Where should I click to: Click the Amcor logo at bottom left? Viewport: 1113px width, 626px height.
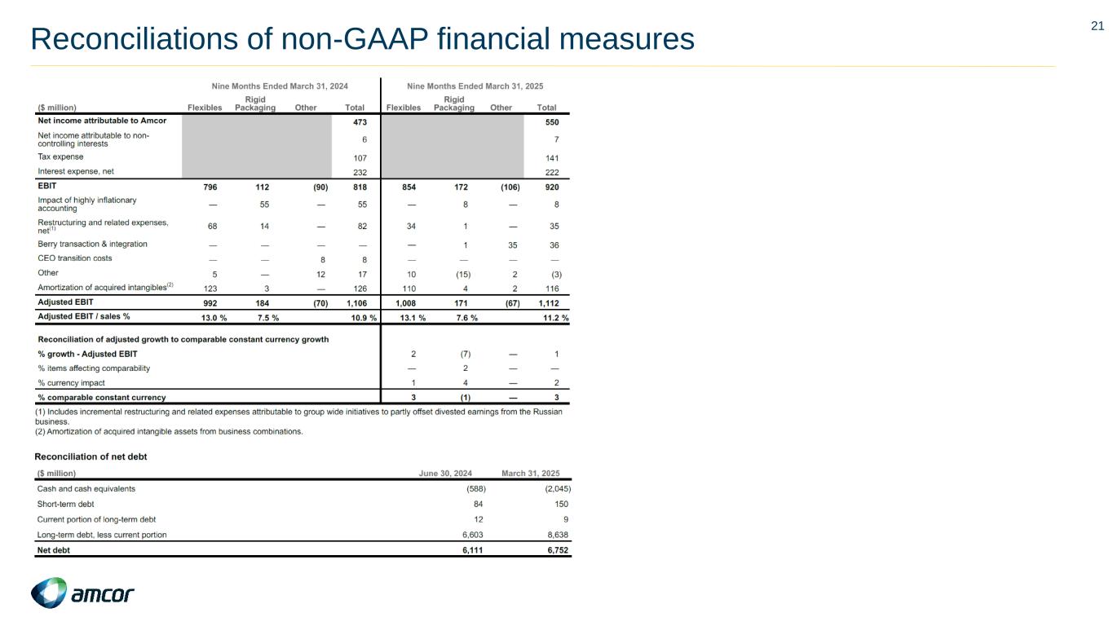(x=82, y=593)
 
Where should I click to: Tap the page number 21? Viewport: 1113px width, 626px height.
(x=1098, y=26)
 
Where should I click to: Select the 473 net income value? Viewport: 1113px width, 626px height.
(x=360, y=121)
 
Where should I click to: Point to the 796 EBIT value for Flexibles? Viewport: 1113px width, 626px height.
(x=210, y=187)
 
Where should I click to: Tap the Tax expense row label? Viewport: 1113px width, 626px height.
(x=60, y=156)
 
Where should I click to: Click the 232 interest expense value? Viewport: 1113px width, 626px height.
(x=360, y=172)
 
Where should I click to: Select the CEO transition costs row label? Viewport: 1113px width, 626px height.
(x=75, y=258)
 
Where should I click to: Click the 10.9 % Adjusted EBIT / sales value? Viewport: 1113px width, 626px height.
(x=363, y=318)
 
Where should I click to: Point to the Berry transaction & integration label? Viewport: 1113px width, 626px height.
(x=92, y=244)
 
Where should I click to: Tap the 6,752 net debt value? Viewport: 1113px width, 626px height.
(x=557, y=550)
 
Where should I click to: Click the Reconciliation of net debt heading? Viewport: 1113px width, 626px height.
(x=91, y=456)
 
